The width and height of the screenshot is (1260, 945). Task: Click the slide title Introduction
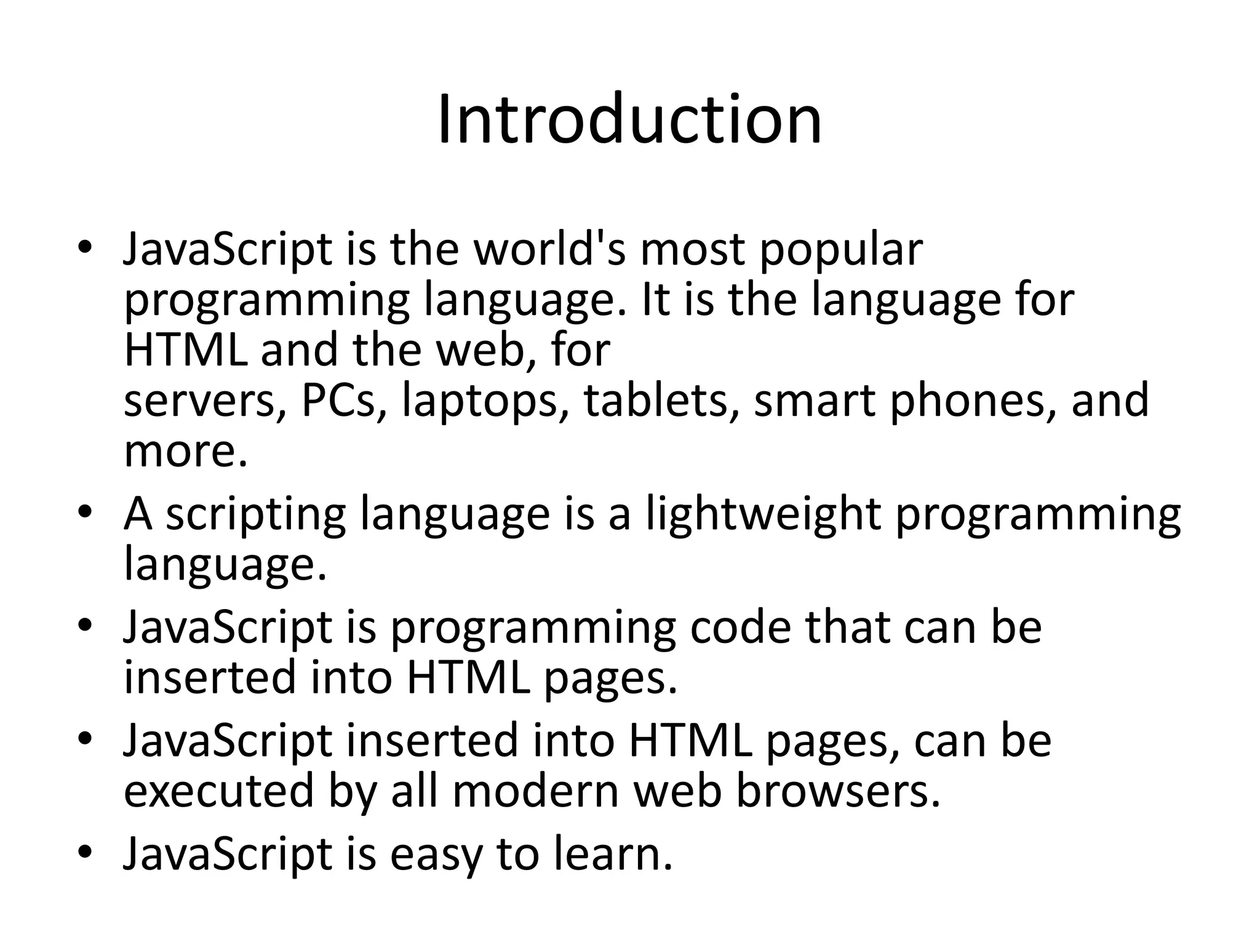[629, 119]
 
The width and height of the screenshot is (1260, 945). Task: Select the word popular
[841, 250]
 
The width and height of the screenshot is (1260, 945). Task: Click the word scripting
[256, 515]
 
